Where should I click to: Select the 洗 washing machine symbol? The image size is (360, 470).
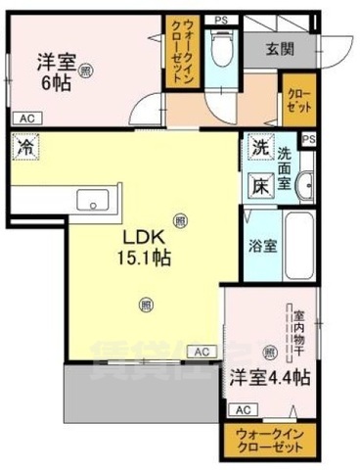[x=259, y=148]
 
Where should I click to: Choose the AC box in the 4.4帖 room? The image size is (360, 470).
[x=243, y=409]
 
